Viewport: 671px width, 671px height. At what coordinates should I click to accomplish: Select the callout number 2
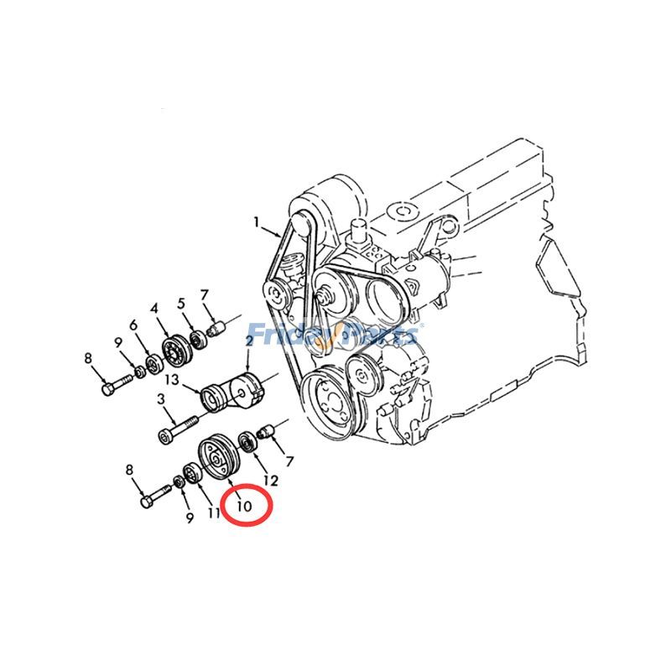[249, 341]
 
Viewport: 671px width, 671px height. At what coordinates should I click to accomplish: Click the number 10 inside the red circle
[244, 506]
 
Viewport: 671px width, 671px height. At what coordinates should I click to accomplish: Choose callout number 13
[172, 379]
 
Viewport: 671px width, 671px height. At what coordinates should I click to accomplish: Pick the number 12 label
[270, 480]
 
